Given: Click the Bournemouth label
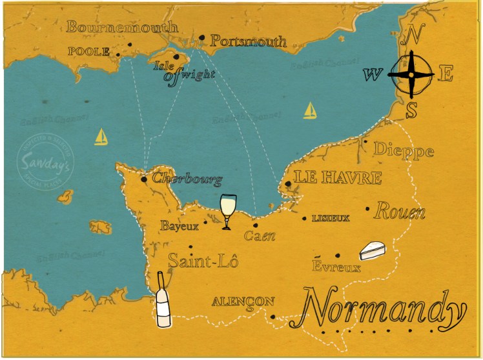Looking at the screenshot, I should [122, 27].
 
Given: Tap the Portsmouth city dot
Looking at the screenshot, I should [202, 37].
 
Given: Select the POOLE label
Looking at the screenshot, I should [88, 52].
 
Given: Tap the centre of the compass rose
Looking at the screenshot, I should [411, 74].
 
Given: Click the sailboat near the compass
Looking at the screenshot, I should [311, 111].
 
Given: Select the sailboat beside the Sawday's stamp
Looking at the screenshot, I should [101, 137].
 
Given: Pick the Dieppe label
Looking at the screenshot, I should [404, 152].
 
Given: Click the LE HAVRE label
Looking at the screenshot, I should [338, 177].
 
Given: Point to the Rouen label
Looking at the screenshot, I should [400, 211].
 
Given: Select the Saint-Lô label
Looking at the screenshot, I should [203, 261].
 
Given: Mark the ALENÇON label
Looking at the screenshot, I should [243, 301].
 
